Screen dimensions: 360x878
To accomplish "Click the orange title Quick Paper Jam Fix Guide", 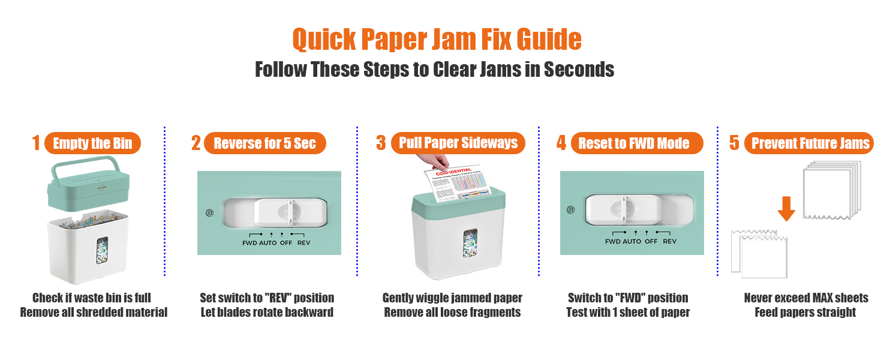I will click(437, 39).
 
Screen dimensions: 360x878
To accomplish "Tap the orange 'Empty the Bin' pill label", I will click(92, 143).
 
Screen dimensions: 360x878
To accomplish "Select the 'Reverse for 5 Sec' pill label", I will click(264, 143).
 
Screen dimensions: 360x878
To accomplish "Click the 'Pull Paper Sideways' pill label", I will click(458, 143).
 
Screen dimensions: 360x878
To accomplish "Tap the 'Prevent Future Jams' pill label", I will click(808, 143).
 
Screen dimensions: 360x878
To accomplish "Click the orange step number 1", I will click(36, 143).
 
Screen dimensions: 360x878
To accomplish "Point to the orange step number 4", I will click(561, 143).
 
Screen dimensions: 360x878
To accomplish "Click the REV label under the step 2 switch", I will click(303, 242).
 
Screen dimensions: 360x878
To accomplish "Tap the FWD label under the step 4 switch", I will click(612, 241).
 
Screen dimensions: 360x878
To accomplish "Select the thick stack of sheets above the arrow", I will click(832, 188).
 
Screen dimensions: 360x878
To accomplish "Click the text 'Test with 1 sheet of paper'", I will click(628, 312).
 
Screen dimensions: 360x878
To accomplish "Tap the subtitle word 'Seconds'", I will click(579, 70).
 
